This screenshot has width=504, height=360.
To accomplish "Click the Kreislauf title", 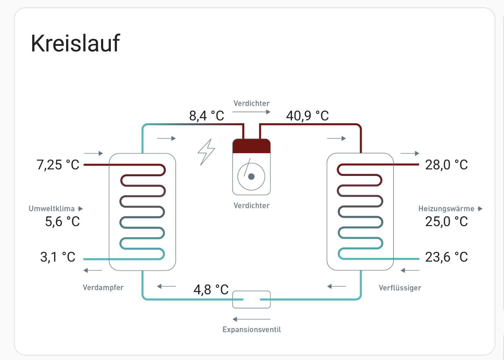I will click(x=75, y=44).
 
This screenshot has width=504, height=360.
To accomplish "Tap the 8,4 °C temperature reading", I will click(x=207, y=116).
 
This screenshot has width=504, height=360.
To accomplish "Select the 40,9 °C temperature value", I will click(x=307, y=116).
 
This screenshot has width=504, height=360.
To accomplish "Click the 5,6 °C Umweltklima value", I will click(x=62, y=222).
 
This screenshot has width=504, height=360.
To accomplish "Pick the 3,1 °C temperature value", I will click(x=58, y=257).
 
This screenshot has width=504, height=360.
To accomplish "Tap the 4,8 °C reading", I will click(x=211, y=289).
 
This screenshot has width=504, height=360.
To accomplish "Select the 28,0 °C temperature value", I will click(x=447, y=165).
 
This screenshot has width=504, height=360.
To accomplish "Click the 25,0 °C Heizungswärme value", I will click(x=447, y=222).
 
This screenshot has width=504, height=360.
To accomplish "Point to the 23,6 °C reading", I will click(x=447, y=257).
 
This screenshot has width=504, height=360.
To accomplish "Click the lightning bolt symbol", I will click(x=206, y=152).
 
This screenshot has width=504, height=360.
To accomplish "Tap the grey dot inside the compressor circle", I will click(x=251, y=177).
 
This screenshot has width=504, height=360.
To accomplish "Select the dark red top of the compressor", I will click(x=251, y=146).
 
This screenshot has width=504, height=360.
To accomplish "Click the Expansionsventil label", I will click(x=252, y=329).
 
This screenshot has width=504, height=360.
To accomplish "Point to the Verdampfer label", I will click(x=103, y=287).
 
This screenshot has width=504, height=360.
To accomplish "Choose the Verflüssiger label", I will click(x=400, y=288).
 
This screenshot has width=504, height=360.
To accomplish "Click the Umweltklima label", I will click(x=52, y=209).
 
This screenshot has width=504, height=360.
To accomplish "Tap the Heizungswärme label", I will click(x=446, y=209).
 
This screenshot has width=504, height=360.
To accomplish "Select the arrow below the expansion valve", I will click(x=251, y=319).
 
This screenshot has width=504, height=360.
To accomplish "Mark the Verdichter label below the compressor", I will click(x=251, y=205).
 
